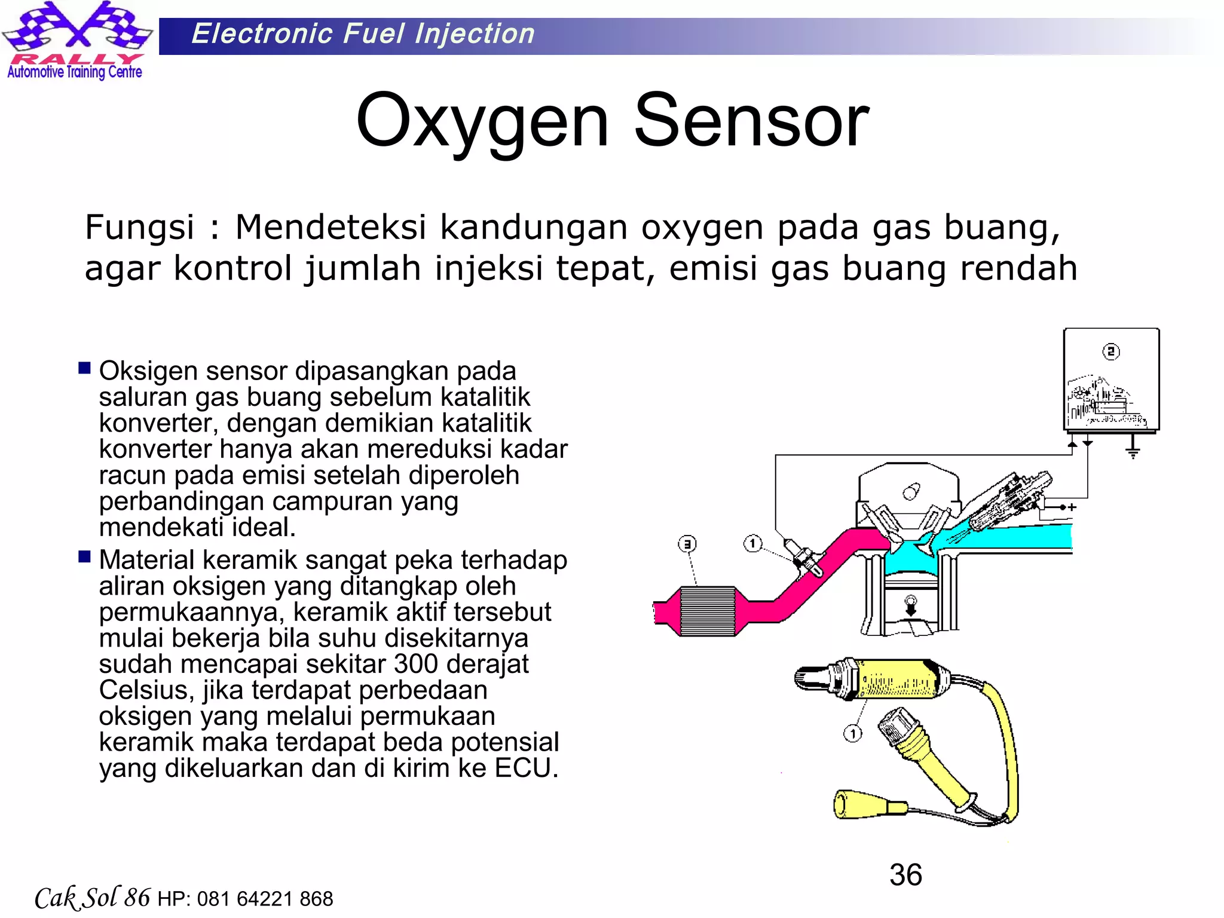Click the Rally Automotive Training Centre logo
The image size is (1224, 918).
point(76,41)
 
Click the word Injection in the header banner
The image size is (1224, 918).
point(475,34)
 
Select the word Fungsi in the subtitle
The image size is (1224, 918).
point(139,228)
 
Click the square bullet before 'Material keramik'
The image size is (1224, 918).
point(84,557)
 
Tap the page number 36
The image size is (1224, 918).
point(905,875)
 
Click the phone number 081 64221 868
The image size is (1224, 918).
point(265,899)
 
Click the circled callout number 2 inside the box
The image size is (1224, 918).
point(1110,351)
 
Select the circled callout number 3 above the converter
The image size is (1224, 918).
point(687,544)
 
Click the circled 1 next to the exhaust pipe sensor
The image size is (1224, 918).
point(752,543)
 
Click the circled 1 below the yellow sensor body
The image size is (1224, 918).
point(853,733)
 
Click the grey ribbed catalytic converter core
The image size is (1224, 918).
point(708,611)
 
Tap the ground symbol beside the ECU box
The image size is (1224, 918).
point(1133,450)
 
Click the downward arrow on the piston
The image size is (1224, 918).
point(911,607)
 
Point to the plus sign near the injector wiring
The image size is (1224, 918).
point(1073,507)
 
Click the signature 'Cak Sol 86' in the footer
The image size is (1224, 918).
point(92,898)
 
